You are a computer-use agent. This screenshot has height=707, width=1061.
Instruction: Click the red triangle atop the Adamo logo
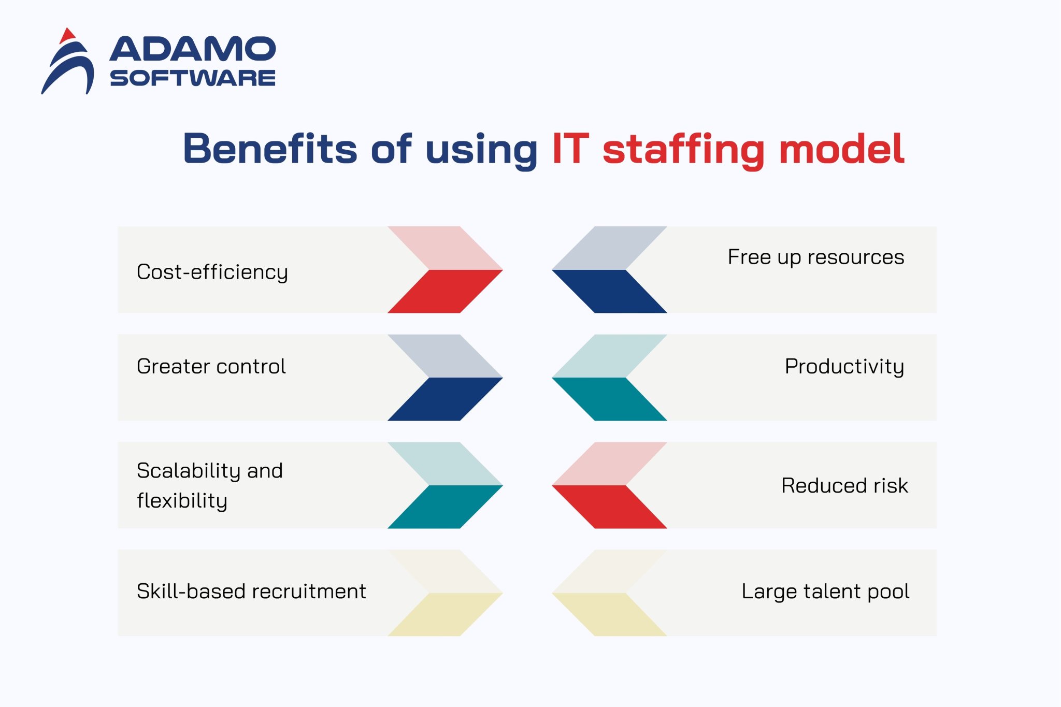point(67,36)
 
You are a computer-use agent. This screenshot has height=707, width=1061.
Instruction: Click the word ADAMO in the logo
point(192,49)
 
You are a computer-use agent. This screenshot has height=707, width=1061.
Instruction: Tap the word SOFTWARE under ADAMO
point(192,78)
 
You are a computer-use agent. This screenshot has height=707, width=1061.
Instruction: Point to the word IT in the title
point(570,149)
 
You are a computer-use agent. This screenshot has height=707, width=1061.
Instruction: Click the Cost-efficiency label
point(212,272)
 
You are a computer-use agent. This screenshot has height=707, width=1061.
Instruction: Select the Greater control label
point(211,366)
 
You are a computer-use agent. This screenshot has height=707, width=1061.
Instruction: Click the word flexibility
point(182,501)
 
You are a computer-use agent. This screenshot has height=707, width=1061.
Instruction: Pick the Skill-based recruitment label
point(251,591)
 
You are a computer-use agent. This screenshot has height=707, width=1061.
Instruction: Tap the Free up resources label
point(815,257)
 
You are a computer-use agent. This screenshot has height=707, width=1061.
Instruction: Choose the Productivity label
point(844,367)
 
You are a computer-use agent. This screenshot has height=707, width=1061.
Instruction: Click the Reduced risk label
point(844,486)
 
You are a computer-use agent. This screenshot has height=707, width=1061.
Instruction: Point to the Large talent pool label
point(825,591)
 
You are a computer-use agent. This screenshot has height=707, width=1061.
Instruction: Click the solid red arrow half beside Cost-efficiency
point(445,291)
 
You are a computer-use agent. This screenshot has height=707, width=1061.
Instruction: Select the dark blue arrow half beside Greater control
point(445,399)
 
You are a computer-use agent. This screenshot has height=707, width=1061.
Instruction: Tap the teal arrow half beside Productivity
point(609,399)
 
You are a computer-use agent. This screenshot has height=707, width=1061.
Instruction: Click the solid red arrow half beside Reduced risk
point(609,507)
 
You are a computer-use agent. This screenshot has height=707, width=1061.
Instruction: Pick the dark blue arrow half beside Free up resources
point(609,291)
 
